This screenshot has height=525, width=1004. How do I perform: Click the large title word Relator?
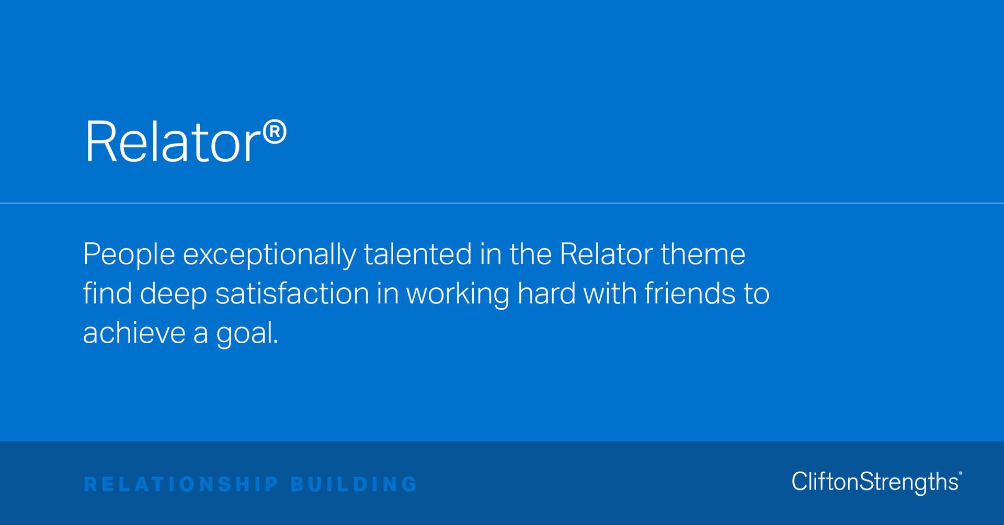[x=173, y=142]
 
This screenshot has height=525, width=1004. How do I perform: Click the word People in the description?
[x=129, y=254]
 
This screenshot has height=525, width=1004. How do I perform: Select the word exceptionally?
[x=269, y=254]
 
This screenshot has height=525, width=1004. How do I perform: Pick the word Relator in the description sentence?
[x=606, y=254]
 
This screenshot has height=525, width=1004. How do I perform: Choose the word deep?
[x=173, y=295]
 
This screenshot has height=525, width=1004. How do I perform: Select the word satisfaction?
[x=292, y=294]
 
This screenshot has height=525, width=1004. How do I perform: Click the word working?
[x=458, y=295]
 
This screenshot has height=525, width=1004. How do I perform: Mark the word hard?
[x=546, y=294]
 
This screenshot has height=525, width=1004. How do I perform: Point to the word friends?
[x=690, y=294]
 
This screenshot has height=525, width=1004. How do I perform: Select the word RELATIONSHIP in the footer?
[x=181, y=484]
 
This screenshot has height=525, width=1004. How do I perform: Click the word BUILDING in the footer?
[x=354, y=484]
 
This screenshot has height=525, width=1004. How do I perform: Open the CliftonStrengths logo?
[x=876, y=482]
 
